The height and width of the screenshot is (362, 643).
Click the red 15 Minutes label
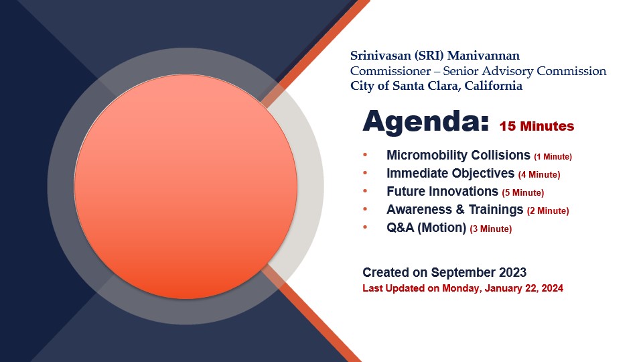[x=537, y=126]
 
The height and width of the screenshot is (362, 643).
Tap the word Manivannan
[x=484, y=56]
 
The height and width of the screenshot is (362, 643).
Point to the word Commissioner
[x=390, y=71]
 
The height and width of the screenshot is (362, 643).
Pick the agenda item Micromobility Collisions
[x=458, y=155]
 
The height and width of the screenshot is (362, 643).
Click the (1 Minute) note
[x=553, y=157]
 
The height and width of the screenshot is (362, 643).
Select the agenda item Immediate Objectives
[x=450, y=173]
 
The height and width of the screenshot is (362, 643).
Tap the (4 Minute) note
[x=539, y=175]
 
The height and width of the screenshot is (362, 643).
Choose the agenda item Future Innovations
[x=442, y=191]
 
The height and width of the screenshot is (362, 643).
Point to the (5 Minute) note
[x=523, y=193]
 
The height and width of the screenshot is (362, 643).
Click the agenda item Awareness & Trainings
[x=455, y=209]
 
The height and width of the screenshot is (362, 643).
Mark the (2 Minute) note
[x=548, y=211]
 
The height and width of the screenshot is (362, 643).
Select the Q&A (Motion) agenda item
[x=426, y=227]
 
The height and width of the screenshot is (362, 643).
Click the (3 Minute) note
[x=491, y=229]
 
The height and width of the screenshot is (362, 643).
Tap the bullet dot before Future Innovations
[x=365, y=191]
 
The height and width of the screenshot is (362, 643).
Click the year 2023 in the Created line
[x=512, y=273]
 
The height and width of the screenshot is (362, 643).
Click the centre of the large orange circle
[x=186, y=186]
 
